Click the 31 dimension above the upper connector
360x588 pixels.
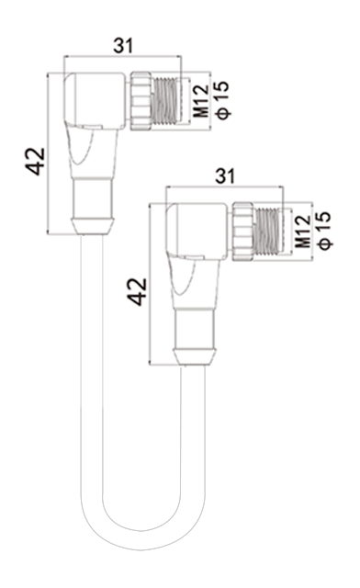tap(123, 46)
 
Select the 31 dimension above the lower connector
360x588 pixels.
tap(225, 175)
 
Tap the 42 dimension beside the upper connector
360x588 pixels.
tap(36, 162)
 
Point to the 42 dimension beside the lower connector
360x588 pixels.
tap(137, 291)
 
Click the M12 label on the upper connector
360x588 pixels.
tap(201, 101)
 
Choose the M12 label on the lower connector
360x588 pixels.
tap(303, 232)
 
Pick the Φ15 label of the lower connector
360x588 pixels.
tap(325, 231)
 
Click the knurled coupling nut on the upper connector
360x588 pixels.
tap(141, 101)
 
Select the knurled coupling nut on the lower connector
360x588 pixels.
tap(243, 232)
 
